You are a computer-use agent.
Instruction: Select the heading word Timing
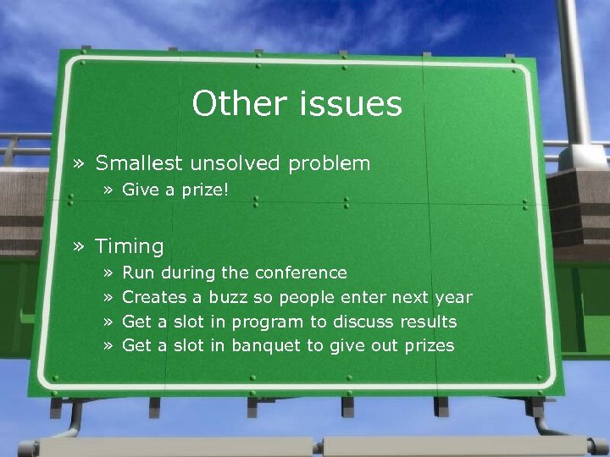click(x=129, y=247)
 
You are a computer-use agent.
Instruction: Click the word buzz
click(x=229, y=297)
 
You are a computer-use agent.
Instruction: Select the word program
click(x=267, y=322)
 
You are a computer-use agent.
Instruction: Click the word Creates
click(x=154, y=297)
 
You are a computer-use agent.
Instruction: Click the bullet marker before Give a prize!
click(x=109, y=190)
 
